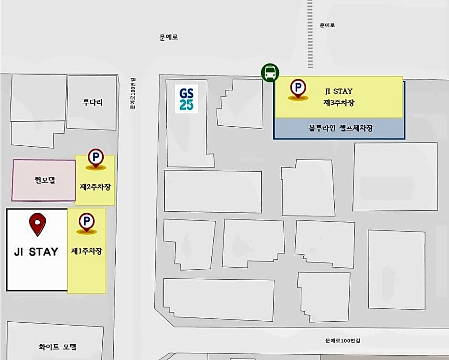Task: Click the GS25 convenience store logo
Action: coord(186,98)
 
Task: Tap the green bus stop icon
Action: coord(270,73)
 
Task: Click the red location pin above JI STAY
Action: coord(38,225)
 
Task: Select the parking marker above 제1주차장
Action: coord(86,222)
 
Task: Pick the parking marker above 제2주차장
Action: coord(96,158)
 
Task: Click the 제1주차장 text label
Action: coord(86,251)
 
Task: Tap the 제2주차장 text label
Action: coord(96,186)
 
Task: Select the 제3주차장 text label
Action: coord(339,102)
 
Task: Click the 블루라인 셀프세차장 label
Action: coord(341,128)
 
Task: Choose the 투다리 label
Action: coord(93,102)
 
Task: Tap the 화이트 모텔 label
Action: coord(57,347)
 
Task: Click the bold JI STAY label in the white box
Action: coord(36,252)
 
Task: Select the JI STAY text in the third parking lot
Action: coord(339,90)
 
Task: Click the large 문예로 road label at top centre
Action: coord(169,37)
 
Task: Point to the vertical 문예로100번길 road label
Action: coord(133,94)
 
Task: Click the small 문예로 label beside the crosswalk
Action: coord(327,25)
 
